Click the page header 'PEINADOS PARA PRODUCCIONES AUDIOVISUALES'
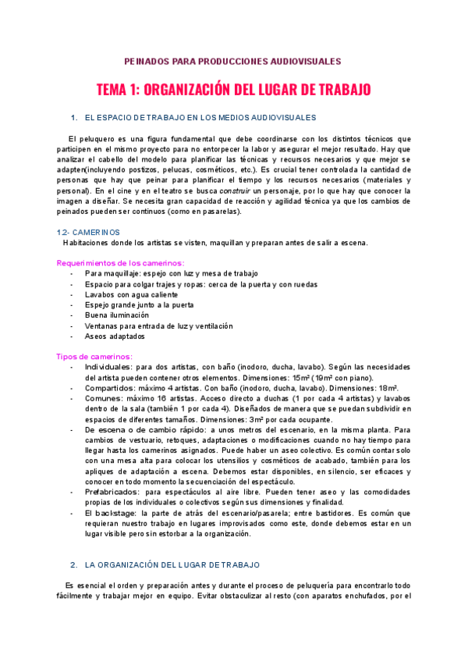[232, 61]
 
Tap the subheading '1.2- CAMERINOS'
[89, 232]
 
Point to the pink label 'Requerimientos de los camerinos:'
[120, 263]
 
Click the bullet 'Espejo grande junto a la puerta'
[140, 305]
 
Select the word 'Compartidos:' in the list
[109, 388]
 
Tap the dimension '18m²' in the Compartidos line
[387, 388]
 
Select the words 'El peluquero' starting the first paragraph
[92, 139]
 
